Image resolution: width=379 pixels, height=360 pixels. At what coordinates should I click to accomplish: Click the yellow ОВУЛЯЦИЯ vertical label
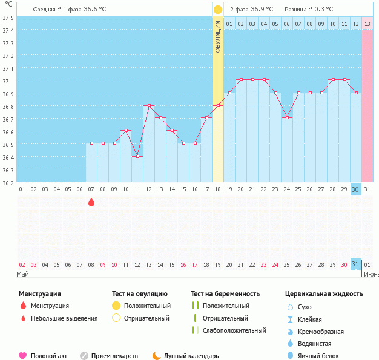(218, 36)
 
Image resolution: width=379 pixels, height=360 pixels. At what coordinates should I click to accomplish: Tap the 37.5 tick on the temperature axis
(8, 18)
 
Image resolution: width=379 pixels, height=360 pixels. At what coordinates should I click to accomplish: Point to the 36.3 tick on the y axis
(8, 170)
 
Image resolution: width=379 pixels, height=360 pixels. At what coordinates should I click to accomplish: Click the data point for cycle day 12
(149, 106)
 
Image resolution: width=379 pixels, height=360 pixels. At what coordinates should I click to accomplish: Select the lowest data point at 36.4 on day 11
(137, 157)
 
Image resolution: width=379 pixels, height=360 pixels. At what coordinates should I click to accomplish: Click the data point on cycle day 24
(287, 118)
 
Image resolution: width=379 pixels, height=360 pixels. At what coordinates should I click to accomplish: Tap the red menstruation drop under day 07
(91, 202)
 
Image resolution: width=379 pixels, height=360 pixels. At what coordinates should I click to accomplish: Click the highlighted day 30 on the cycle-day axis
(355, 189)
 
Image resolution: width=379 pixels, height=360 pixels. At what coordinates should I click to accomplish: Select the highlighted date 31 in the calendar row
(355, 264)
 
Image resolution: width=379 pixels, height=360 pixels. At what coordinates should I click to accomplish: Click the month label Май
(22, 274)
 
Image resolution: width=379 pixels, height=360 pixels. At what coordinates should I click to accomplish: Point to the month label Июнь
(371, 274)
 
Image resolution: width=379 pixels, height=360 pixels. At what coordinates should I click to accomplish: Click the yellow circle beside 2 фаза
(218, 10)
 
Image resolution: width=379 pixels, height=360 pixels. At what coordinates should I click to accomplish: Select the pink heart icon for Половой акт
(23, 356)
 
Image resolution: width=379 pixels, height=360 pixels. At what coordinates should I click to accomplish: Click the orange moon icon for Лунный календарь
(157, 356)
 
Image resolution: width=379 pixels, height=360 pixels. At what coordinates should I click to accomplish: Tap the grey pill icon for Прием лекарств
(84, 356)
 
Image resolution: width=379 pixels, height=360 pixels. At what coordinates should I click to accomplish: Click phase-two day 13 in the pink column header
(367, 24)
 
